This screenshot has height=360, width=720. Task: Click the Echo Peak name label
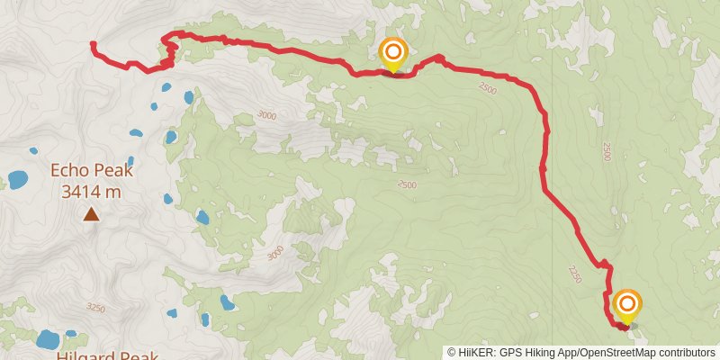92,170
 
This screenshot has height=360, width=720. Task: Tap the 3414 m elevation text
92,191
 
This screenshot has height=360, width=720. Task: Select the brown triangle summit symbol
92,214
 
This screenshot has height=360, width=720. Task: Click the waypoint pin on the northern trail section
392,54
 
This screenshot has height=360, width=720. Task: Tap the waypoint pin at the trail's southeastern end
626,306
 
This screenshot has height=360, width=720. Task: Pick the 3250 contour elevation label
96,308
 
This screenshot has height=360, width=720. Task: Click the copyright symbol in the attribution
452,353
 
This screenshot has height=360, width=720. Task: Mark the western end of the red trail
93,43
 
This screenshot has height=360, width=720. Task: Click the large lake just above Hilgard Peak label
47,339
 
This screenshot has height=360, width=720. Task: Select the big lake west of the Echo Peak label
17,180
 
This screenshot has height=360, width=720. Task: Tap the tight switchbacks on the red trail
168,54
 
